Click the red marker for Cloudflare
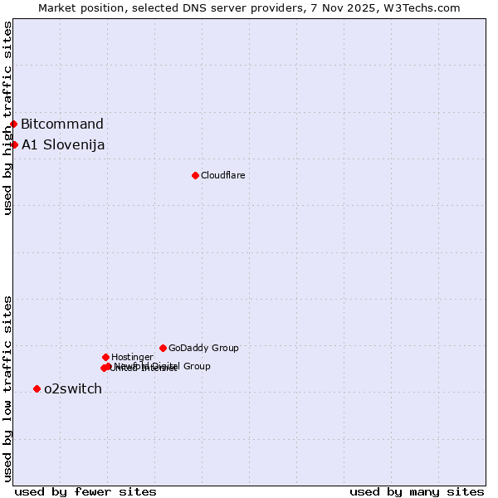195,175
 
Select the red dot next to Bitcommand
13,124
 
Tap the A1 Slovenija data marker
14,144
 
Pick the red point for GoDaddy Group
163,348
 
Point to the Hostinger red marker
105,357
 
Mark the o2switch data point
37,388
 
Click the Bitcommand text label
62,124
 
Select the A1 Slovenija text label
63,145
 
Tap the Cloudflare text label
223,175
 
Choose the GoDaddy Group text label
203,348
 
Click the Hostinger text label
132,357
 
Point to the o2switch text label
73,389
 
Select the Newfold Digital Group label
163,366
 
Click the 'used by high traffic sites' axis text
7,118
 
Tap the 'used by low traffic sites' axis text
7,388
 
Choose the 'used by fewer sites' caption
85,491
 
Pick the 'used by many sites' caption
417,491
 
